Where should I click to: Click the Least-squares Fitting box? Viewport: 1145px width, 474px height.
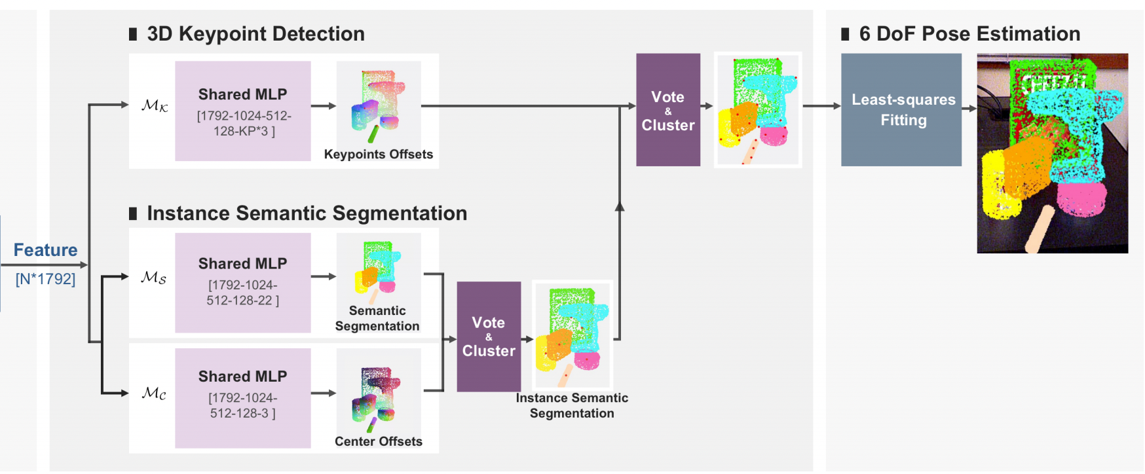click(901, 109)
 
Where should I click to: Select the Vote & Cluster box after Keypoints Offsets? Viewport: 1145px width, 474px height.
click(667, 109)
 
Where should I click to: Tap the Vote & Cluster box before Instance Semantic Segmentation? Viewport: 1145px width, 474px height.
click(489, 337)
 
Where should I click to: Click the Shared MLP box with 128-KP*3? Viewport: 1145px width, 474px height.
click(242, 111)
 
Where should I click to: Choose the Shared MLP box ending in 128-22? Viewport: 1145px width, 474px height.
click(242, 282)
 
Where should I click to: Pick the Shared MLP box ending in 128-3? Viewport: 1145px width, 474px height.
click(242, 397)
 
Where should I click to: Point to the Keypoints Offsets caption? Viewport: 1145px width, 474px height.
click(378, 155)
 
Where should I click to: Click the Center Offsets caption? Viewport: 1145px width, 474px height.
click(378, 441)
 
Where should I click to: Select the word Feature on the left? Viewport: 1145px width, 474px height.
click(45, 250)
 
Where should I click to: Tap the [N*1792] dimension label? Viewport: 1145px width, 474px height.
click(45, 279)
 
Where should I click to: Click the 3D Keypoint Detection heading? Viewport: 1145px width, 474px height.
click(255, 34)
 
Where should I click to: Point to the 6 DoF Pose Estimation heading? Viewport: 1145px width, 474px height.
click(969, 34)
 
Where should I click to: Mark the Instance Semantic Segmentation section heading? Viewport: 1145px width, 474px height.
click(307, 213)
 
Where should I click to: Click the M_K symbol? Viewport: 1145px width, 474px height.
click(155, 105)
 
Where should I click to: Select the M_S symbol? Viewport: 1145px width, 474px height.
click(153, 277)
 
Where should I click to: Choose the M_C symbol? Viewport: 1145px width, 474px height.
click(154, 393)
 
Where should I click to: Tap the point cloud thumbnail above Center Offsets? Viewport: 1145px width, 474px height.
click(379, 393)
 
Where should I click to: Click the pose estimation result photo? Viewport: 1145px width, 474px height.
click(1052, 153)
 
